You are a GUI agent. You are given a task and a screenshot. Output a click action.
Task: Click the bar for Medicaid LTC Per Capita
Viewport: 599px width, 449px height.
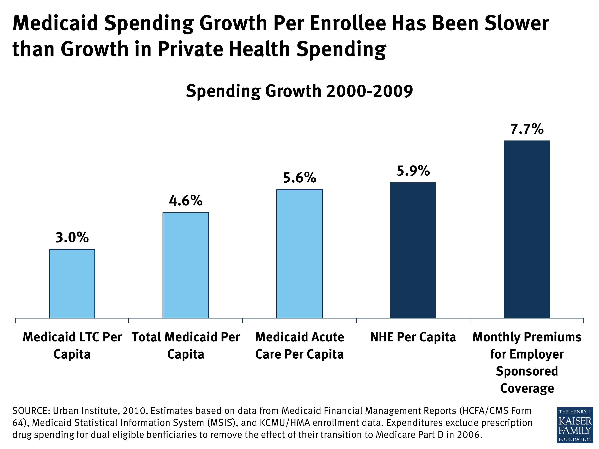72,283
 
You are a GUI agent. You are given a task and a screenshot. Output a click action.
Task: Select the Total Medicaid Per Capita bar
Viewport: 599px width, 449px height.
185,265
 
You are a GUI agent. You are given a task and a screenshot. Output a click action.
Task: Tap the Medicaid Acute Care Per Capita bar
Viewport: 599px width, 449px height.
299,254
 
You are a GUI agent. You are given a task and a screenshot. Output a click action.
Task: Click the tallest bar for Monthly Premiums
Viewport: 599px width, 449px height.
527,229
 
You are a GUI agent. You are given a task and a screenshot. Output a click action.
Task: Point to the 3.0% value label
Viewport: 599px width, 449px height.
72,237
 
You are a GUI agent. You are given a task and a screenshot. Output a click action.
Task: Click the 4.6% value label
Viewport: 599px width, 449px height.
185,201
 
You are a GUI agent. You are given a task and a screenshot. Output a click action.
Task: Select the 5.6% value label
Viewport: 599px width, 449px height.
299,178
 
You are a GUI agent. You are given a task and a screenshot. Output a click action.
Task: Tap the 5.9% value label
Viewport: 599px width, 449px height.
413,171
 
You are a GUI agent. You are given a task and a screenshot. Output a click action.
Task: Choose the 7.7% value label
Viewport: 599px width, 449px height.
527,129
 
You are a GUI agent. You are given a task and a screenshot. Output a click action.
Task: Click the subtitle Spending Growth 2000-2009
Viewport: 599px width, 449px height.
299,91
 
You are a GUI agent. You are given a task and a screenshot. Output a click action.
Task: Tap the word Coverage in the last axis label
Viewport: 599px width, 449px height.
527,388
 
